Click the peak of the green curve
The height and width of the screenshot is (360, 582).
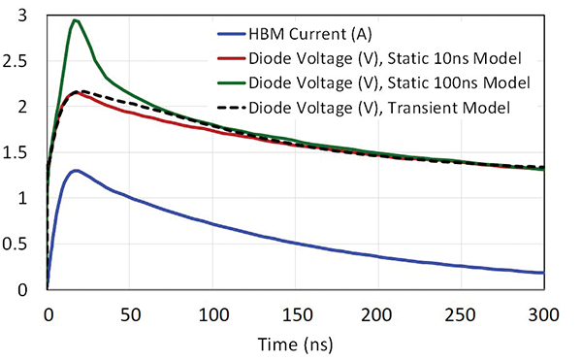point(75,20)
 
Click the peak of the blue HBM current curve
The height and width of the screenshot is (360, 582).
point(75,171)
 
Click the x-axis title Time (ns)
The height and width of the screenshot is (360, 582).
point(295,344)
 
